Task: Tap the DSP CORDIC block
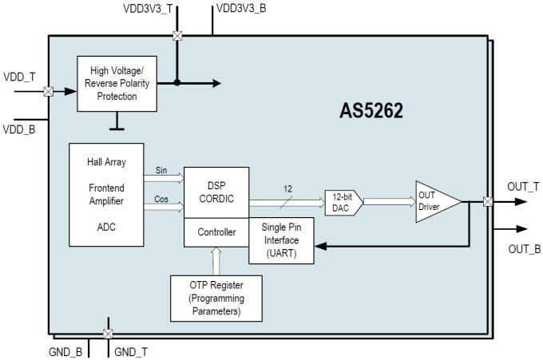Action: click(x=216, y=192)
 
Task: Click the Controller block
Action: click(x=216, y=232)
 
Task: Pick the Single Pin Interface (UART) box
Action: click(x=281, y=240)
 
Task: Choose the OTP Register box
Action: click(x=215, y=297)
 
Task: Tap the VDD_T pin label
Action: click(x=19, y=77)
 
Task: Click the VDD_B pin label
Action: click(x=19, y=129)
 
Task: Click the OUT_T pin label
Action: click(x=523, y=187)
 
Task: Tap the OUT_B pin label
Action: click(x=524, y=249)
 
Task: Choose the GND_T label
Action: click(x=131, y=350)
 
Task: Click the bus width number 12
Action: click(x=288, y=190)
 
